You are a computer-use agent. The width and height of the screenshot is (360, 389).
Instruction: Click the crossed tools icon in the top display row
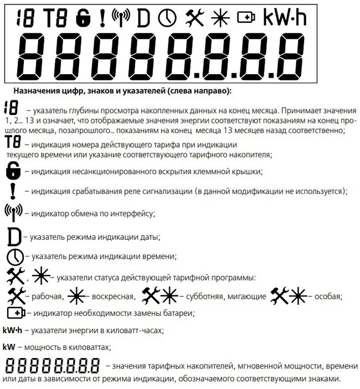[194, 19]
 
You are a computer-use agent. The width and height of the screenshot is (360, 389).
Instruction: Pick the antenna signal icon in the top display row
[121, 19]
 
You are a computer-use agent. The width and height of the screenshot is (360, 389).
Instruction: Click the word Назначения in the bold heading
[37, 90]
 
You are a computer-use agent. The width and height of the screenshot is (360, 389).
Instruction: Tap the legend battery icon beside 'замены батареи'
[16, 313]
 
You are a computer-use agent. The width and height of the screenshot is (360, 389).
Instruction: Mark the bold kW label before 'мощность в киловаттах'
[8, 347]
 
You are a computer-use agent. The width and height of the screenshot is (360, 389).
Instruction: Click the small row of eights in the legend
[54, 366]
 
